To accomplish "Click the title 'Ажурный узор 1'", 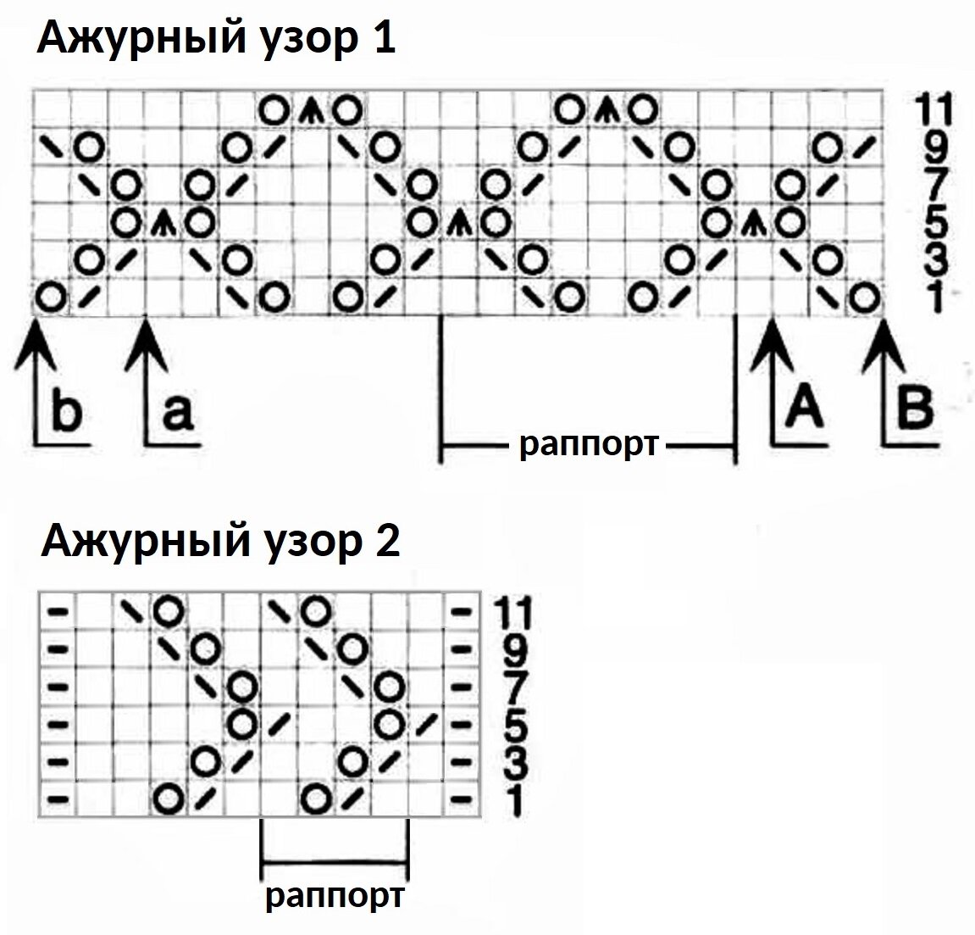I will pyautogui.click(x=215, y=38).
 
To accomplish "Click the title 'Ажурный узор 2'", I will pyautogui.click(x=220, y=540).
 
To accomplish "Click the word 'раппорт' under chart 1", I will pyautogui.click(x=588, y=443).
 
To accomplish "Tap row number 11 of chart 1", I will pyautogui.click(x=933, y=110).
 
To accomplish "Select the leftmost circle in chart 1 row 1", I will pyautogui.click(x=52, y=298).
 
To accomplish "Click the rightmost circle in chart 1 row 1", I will pyautogui.click(x=863, y=298).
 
